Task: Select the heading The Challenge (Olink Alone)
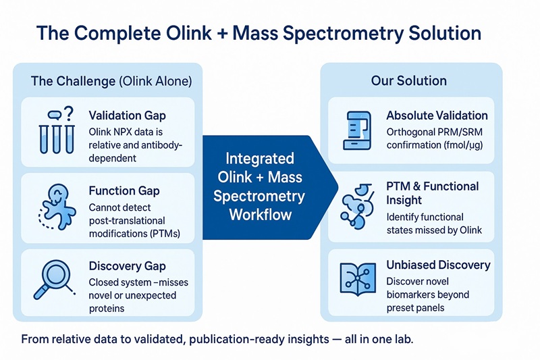pos(111,81)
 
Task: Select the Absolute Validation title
pos(436,115)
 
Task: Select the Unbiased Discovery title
pos(438,265)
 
